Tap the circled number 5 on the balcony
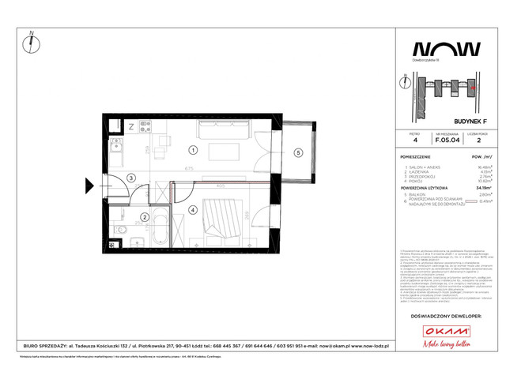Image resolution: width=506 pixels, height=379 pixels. click(x=299, y=152)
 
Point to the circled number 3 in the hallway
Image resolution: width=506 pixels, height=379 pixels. click(x=132, y=178)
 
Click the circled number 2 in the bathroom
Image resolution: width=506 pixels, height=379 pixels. click(x=144, y=217)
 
